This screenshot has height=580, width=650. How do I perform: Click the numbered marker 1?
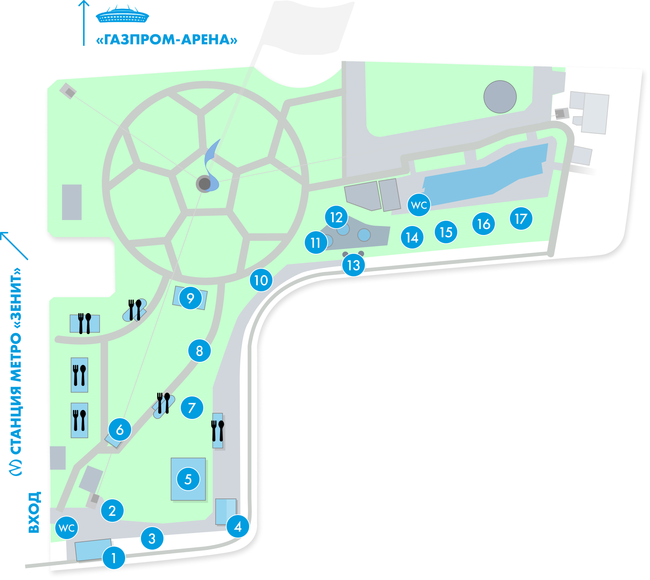tap(114, 558)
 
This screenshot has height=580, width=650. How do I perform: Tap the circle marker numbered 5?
tap(188, 479)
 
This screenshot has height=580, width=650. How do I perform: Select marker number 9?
tap(190, 298)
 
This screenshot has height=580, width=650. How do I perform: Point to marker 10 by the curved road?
tap(261, 280)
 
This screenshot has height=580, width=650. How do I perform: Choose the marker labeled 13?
tap(354, 265)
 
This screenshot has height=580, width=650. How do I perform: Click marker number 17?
tap(521, 218)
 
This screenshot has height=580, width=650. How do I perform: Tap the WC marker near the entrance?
tap(67, 528)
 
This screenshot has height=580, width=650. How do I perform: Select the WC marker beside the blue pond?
tap(419, 205)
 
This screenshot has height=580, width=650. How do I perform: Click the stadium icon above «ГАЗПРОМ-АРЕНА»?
tap(122, 15)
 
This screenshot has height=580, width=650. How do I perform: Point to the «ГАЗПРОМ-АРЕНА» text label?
tap(167, 39)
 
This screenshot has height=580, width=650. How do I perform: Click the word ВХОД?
tap(34, 512)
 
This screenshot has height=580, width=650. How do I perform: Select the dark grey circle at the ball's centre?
tap(204, 184)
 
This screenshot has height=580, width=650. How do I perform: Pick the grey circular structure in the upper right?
tap(500, 97)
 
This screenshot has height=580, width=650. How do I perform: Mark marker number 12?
tap(336, 217)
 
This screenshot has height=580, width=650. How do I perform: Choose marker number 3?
tap(152, 538)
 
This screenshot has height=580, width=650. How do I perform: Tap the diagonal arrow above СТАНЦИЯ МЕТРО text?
tap(14, 246)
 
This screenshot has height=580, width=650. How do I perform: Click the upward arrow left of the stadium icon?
tap(84, 23)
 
